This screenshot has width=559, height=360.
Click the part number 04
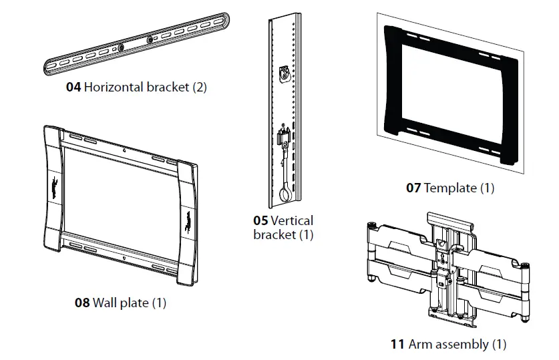pos(73,87)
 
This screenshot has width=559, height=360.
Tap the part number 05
pos(260,220)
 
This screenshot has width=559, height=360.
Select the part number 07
pos(413,188)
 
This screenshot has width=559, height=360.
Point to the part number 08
pos(82,303)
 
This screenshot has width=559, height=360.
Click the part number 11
pos(397,345)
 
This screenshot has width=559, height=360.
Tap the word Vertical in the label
pos(292,220)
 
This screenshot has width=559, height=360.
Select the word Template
pos(451,188)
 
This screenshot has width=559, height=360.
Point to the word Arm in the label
pos(420,345)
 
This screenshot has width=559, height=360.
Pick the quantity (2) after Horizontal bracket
pos(200,87)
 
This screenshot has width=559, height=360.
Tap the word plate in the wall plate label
pos(134,303)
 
